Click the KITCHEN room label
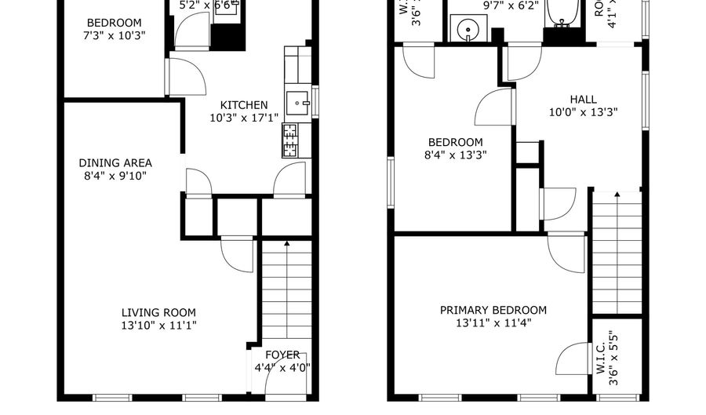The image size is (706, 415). pos(244,105)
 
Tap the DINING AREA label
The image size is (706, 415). pos(115,162)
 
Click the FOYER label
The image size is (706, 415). pos(282,355)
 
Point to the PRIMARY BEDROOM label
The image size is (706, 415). pos(493,310)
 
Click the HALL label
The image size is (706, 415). pos(583,99)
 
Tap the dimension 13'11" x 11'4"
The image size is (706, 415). pos(493,322)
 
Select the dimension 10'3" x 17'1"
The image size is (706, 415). pos(244,118)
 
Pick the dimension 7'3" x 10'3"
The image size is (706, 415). pos(115,35)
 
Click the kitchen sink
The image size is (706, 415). pos(297,101)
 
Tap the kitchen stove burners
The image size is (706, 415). pos(290,140)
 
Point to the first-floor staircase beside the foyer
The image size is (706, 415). pos(286,290)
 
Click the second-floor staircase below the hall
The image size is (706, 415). pos(616,251)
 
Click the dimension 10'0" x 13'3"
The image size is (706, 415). pos(583,111)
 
